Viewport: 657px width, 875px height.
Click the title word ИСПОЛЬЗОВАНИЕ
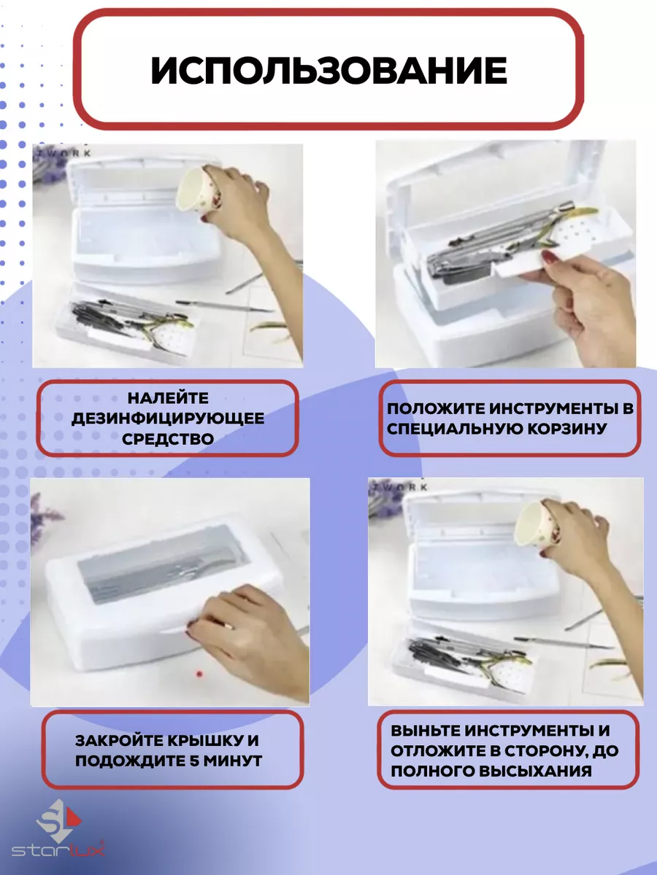tap(328, 70)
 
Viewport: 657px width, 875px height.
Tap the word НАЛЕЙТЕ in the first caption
tap(168, 398)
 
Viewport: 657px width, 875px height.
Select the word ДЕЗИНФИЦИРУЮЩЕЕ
tap(168, 419)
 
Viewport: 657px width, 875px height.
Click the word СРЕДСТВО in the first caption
tap(168, 439)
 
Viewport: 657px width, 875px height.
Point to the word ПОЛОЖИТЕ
tap(436, 408)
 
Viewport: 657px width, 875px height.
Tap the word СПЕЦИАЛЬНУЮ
tap(454, 429)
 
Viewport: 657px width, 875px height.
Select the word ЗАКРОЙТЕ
tap(118, 741)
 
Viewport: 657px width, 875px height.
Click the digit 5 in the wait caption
tap(194, 761)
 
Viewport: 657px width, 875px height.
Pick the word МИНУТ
tap(233, 761)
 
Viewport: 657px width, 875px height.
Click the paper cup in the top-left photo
tap(199, 187)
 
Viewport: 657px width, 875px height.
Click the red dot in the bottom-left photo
tap(199, 674)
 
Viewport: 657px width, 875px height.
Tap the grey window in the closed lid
tap(160, 569)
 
